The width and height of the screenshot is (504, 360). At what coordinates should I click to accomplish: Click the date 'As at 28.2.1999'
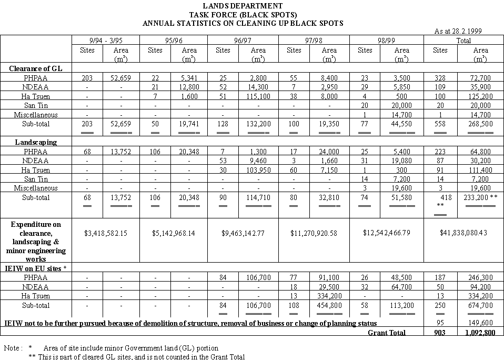tap(458, 32)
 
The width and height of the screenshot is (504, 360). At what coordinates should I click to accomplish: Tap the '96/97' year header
tap(243, 40)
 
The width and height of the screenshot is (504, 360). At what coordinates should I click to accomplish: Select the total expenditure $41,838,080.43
tap(463, 232)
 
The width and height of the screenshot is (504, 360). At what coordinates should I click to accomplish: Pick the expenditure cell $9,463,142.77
tap(243, 232)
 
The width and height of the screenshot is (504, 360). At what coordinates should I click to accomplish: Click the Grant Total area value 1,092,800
tap(480, 333)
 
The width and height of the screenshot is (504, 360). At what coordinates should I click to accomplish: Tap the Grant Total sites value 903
tap(440, 333)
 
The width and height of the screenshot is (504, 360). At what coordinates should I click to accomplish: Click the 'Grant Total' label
tap(387, 333)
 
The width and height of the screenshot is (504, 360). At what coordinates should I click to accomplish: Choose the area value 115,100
tap(258, 96)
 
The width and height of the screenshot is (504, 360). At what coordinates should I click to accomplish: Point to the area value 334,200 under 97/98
tap(329, 296)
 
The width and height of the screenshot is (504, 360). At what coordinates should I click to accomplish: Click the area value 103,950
tap(258, 169)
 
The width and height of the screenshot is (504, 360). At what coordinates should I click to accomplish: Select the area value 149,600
tap(480, 322)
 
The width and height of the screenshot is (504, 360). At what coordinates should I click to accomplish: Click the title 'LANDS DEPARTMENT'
tap(243, 6)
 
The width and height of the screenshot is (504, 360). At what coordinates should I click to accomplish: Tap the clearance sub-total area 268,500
tap(480, 124)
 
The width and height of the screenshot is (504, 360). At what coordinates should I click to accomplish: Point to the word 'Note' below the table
tap(12, 348)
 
